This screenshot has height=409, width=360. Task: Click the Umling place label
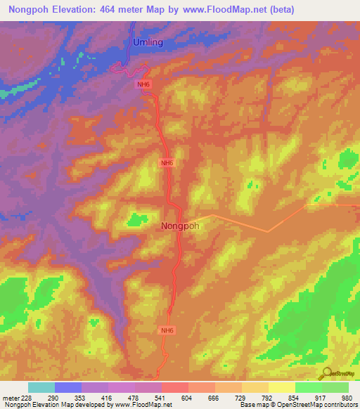[148, 42]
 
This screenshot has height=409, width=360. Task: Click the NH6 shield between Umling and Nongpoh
[167, 163]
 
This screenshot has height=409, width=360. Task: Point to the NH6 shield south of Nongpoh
[167, 330]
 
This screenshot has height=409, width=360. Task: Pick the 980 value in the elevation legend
[345, 398]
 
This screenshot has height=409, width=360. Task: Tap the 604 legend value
[187, 398]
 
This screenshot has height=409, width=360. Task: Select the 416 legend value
[108, 398]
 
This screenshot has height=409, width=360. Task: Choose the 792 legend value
[266, 398]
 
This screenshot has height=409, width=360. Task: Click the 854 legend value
[292, 398]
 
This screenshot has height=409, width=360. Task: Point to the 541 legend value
[161, 398]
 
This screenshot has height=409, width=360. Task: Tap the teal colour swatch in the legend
[41, 387]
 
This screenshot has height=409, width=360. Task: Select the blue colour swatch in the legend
[68, 387]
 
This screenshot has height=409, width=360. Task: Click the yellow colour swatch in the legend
[281, 387]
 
